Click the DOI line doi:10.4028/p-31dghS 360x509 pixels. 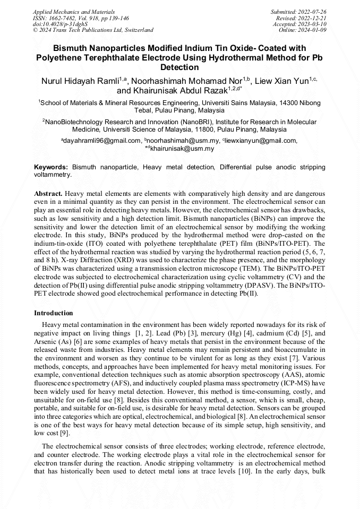(x=60, y=24)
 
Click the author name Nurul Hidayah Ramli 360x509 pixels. (x=80, y=81)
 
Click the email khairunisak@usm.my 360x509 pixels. (x=182, y=149)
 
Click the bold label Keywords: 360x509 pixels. (x=51, y=167)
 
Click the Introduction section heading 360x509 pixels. (x=54, y=313)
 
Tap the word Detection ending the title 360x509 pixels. (x=179, y=67)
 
